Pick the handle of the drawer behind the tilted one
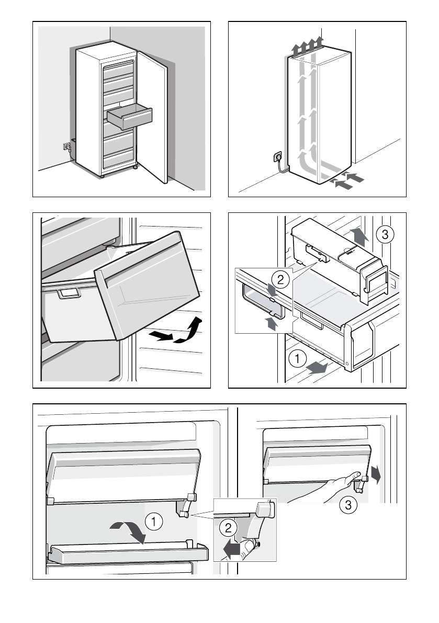(x=68, y=293)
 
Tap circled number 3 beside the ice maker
(x=385, y=235)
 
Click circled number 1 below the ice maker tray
(x=297, y=359)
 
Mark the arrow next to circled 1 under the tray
(x=317, y=368)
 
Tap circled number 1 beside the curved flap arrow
(x=153, y=521)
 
